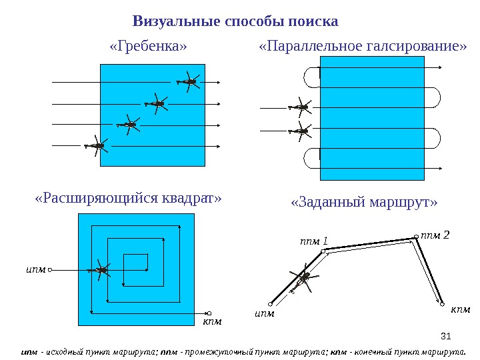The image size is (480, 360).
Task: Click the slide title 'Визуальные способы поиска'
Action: point(235,21)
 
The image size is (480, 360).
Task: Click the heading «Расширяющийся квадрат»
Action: point(127,199)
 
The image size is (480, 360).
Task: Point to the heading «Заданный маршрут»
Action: point(364,203)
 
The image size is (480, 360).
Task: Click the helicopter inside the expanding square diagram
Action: point(101,269)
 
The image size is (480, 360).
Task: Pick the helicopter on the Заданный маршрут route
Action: point(303,278)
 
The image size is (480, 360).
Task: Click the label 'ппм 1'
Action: point(314,241)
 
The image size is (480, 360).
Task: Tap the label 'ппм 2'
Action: point(436,235)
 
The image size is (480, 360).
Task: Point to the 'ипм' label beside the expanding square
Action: point(35,270)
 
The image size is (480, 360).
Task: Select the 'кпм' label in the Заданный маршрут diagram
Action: point(461,309)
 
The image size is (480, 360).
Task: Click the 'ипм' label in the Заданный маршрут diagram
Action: point(264,313)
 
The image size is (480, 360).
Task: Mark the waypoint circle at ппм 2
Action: point(416,235)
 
